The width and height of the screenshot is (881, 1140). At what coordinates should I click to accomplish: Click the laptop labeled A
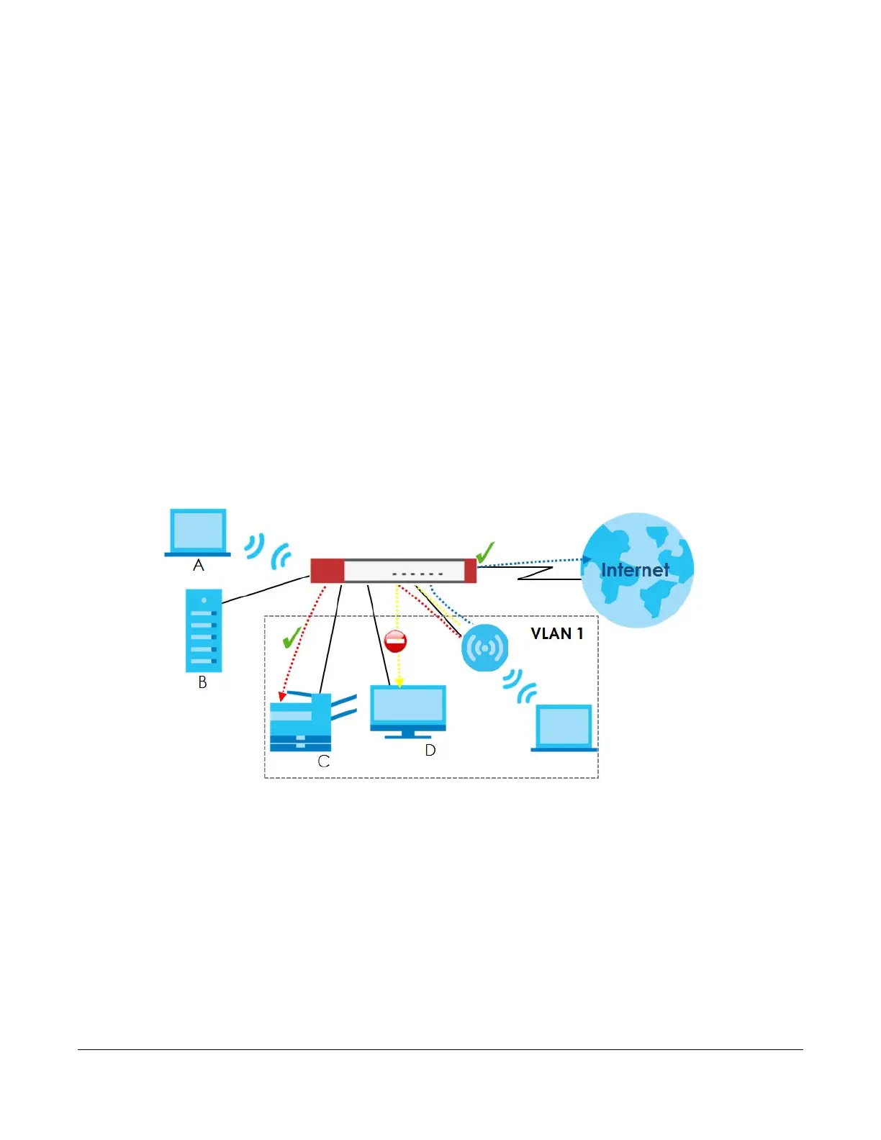[x=198, y=532]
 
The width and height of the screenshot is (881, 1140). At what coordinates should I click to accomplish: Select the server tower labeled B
[x=204, y=630]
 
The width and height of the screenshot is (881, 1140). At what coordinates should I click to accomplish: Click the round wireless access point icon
[x=484, y=648]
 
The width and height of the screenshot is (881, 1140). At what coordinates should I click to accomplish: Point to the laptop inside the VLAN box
[x=564, y=728]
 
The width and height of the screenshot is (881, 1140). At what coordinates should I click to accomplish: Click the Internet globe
[x=637, y=569]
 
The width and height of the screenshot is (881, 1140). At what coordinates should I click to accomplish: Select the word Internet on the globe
[x=635, y=570]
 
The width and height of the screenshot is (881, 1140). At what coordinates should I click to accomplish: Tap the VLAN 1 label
[x=556, y=633]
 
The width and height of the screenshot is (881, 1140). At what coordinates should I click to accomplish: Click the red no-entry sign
[x=396, y=641]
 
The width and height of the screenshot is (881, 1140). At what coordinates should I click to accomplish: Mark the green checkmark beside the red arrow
[x=292, y=637]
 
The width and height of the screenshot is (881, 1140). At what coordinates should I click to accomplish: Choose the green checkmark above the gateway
[x=485, y=552]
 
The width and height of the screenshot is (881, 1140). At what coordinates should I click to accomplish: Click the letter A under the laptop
[x=199, y=566]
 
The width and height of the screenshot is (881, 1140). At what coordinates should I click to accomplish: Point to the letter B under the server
[x=203, y=682]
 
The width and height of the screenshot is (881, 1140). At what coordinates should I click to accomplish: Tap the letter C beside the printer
[x=324, y=761]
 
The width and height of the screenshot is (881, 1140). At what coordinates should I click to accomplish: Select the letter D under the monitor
[x=430, y=751]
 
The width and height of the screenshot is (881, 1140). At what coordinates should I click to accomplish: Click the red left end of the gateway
[x=327, y=571]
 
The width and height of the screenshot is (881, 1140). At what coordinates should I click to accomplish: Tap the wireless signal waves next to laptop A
[x=267, y=551]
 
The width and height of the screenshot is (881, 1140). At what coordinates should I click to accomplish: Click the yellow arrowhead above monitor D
[x=399, y=681]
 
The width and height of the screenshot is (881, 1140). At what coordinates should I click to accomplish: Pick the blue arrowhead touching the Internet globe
[x=586, y=559]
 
